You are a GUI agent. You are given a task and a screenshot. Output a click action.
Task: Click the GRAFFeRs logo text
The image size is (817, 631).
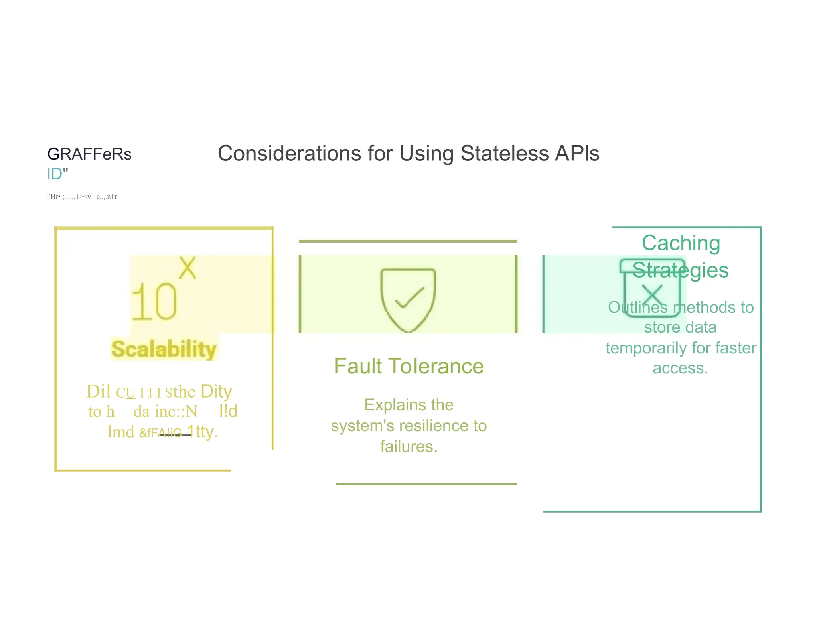click(89, 154)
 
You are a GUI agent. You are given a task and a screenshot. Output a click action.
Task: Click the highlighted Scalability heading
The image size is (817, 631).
click(164, 349)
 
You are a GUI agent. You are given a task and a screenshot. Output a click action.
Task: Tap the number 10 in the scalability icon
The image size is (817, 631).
click(154, 302)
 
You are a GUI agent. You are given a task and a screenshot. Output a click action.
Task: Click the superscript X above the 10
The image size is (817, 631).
click(187, 268)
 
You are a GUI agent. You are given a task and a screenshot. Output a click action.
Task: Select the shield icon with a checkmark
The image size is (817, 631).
click(408, 299)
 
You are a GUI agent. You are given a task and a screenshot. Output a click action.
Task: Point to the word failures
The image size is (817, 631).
click(408, 446)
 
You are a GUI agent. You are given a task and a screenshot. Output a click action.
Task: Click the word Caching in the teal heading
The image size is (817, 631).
click(681, 243)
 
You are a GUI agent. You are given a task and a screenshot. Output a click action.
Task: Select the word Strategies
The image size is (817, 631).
click(681, 270)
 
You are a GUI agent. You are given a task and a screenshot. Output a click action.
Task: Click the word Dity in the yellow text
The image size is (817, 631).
click(216, 391)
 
